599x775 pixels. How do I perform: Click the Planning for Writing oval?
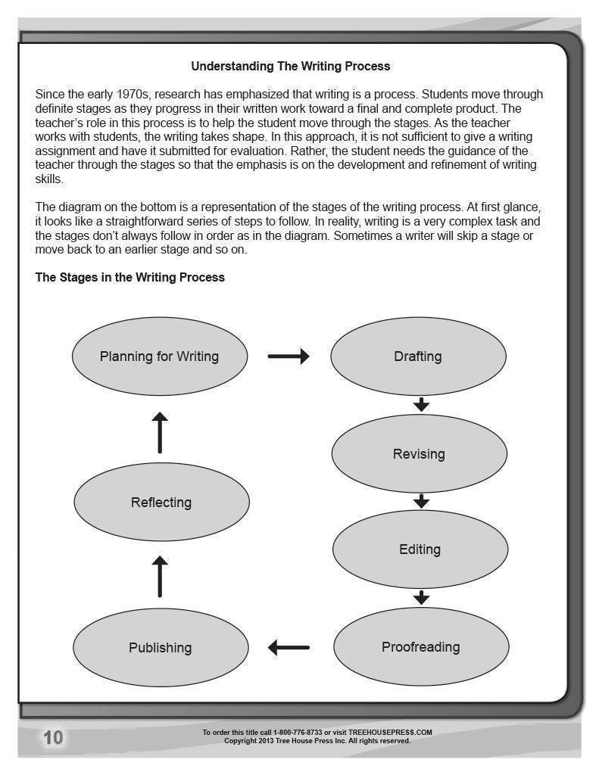(159, 356)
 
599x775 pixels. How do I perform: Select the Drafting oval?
(419, 356)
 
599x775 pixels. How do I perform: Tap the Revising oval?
(419, 453)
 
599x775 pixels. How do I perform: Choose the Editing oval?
(420, 549)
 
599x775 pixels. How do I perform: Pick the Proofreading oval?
(420, 647)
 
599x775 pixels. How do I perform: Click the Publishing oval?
(161, 647)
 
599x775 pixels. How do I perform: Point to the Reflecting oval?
(161, 502)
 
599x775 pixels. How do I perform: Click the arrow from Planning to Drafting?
(289, 356)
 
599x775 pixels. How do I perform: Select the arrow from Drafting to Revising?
(422, 404)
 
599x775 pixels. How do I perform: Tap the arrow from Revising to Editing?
(422, 501)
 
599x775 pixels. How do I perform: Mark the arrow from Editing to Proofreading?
(422, 598)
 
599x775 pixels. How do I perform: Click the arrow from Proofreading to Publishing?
(289, 647)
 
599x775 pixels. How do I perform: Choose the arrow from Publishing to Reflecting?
(160, 576)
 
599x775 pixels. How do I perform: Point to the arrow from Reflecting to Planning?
(160, 432)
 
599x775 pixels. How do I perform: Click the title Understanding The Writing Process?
(290, 66)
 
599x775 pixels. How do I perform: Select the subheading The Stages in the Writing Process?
(130, 277)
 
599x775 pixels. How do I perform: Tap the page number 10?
(53, 738)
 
